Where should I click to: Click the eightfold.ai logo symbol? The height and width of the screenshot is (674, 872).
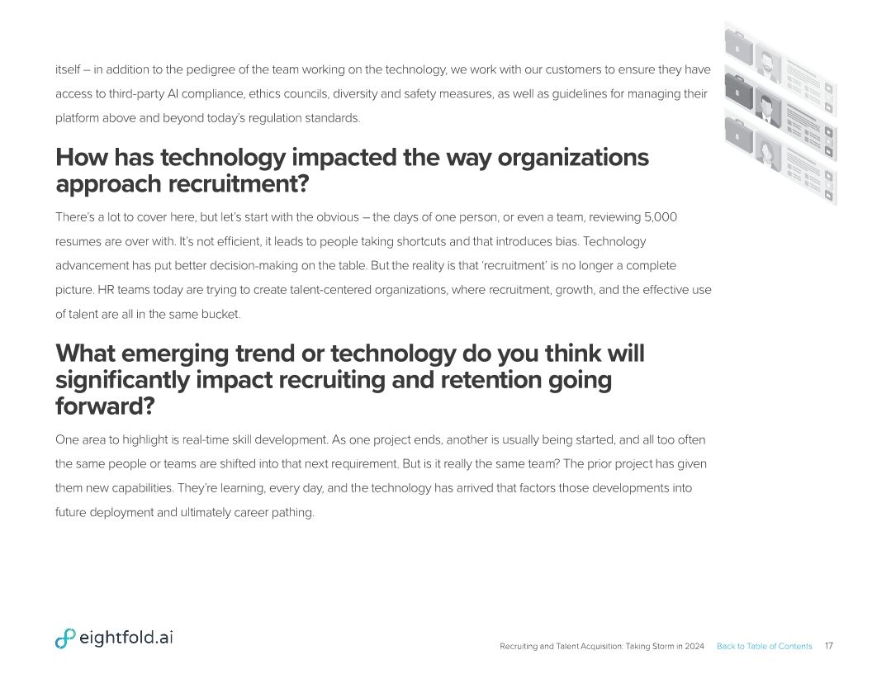[x=65, y=638]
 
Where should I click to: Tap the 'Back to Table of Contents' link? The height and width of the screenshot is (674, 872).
[x=764, y=646]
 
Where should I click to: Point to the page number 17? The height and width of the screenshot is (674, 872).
[x=828, y=646]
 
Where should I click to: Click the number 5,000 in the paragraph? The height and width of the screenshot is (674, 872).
[x=661, y=217]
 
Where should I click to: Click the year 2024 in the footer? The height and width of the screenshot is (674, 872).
[x=694, y=646]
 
